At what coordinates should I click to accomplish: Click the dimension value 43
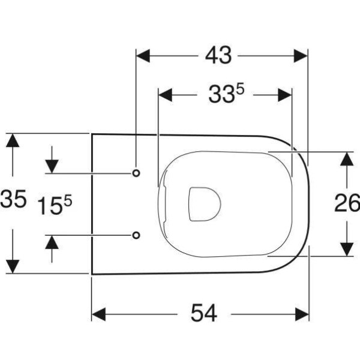coord(218,56)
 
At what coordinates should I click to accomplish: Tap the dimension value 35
coord(13,199)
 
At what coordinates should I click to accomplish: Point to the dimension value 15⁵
coord(55,205)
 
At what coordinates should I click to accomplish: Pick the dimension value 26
coord(347,203)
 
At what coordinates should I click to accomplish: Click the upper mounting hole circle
coord(136,173)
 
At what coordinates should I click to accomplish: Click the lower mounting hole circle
coord(136,235)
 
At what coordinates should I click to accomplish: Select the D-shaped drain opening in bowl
coord(205,204)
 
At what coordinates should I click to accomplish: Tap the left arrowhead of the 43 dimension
coord(143,56)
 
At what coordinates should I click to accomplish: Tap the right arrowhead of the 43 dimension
coord(301,56)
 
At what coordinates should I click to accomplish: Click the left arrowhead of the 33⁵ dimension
coord(166,95)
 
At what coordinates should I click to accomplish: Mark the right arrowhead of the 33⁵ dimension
coord(284,95)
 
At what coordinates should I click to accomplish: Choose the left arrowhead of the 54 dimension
coord(99,314)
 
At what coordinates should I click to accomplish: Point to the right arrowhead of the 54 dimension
coord(302,314)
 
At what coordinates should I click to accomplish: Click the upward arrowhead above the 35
coord(13,140)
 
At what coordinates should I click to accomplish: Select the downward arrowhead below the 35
coord(13,266)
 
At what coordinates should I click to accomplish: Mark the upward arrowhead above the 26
coord(347,159)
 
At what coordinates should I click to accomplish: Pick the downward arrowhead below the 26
coord(347,250)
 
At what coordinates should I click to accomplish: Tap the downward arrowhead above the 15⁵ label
coord(52,166)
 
